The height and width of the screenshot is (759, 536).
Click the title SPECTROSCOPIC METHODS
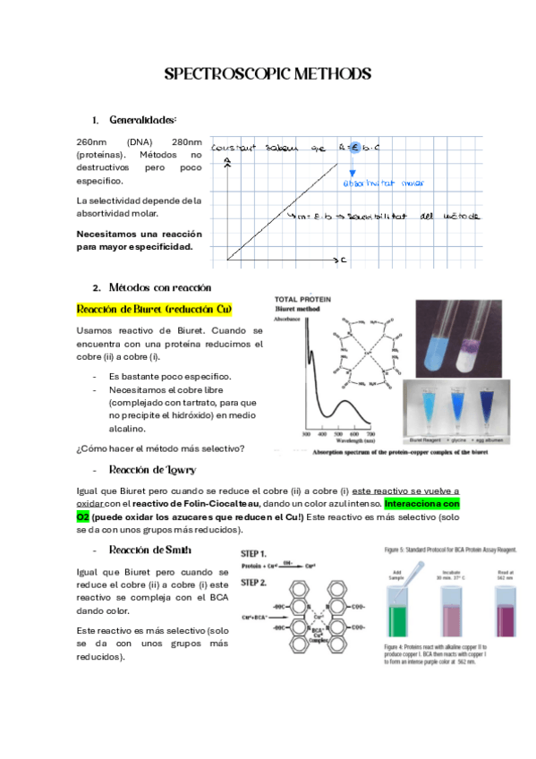[268, 73]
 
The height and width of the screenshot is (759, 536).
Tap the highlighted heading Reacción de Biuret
[155, 310]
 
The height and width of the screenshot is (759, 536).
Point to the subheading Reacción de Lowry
[151, 470]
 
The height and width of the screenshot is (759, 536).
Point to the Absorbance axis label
[292, 319]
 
